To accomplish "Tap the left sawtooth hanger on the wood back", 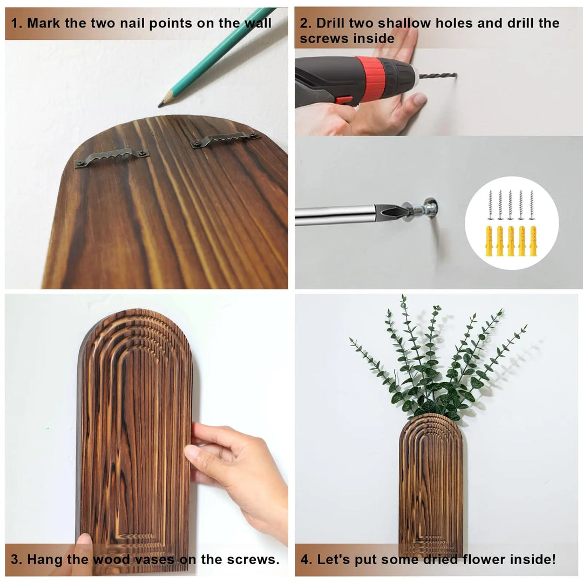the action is (x=112, y=157).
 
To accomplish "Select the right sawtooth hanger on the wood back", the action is (x=225, y=139).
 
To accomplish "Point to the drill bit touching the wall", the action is (x=438, y=76).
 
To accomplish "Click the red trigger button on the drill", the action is (x=343, y=100).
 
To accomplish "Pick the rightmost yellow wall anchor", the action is (x=533, y=241).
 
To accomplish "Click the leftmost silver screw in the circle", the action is (x=490, y=205).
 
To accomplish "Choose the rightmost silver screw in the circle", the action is (x=532, y=205).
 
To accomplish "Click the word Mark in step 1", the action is (x=44, y=23).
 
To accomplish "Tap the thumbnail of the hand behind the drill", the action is (x=420, y=99).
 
